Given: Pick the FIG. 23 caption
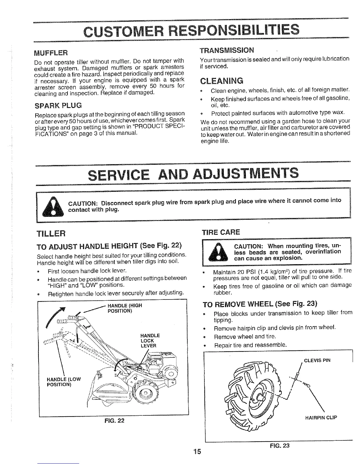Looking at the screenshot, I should coord(279,445).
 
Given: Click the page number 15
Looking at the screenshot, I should coord(197,452).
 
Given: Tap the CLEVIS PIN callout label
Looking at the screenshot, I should coord(317,360).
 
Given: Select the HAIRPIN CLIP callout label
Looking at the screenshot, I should coord(321,418).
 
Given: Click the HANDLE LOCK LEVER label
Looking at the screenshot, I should coord(150,340).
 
